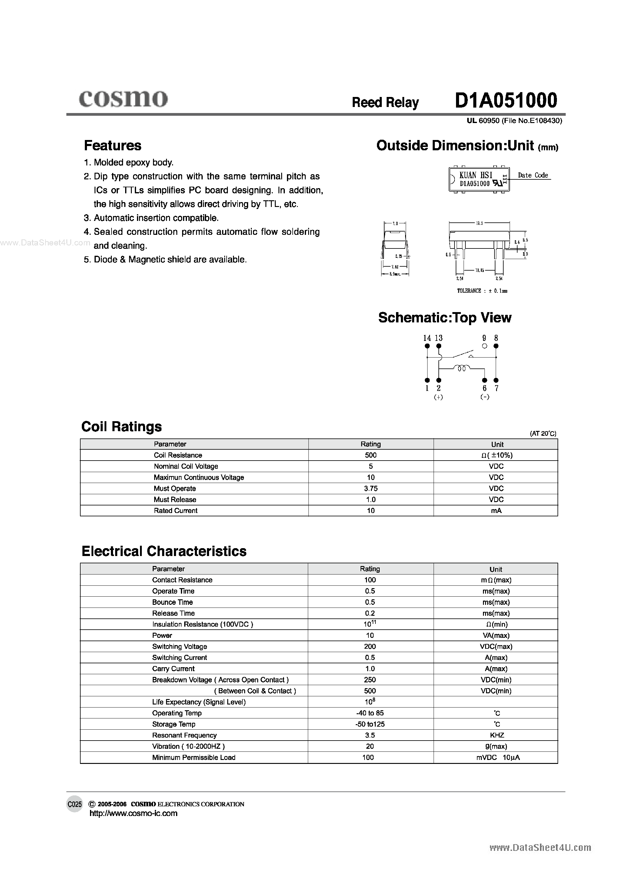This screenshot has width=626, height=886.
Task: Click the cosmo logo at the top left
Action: coord(123,99)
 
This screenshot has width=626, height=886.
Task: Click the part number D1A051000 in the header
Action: coord(506,101)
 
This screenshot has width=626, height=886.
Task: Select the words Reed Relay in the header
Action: coord(385,102)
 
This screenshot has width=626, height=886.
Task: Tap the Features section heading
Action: coord(113,145)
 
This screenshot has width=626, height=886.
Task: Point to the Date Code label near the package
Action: coord(533,175)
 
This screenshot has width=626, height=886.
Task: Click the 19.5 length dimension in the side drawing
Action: coord(479,223)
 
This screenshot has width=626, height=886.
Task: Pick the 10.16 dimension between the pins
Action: coord(480,271)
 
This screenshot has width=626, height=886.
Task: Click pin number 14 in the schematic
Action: coord(427,338)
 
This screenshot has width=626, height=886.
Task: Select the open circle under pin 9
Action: coord(485,346)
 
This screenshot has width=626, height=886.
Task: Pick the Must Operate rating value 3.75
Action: coord(371,488)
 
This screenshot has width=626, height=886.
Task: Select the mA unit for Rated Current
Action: coord(496,511)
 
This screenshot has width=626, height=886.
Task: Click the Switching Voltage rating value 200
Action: coord(370,646)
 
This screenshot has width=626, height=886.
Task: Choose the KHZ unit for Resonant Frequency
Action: coord(497,735)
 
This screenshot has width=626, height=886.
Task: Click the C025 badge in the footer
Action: coord(75,804)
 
